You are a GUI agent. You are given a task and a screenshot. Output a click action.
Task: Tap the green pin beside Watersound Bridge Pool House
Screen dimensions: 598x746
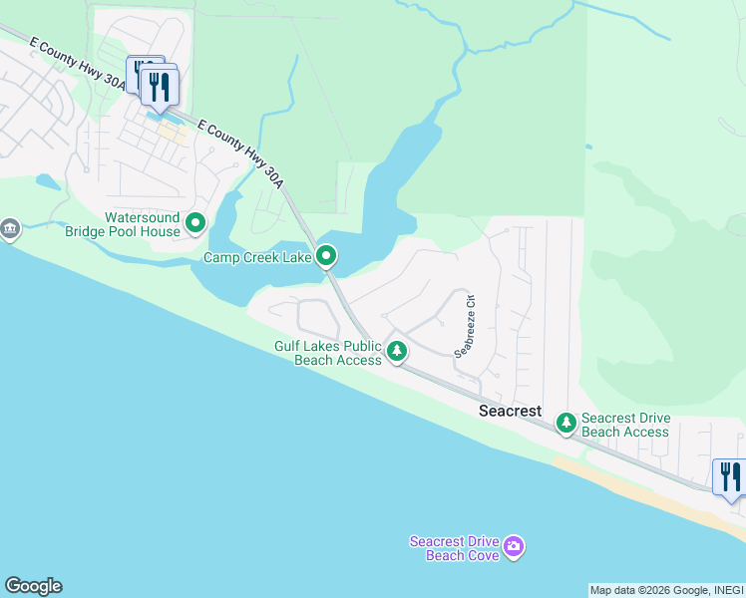pos(195,223)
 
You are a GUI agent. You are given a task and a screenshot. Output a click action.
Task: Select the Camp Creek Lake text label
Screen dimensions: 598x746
pos(257,258)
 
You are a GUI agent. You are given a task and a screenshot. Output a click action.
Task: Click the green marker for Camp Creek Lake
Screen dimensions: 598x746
pos(326,258)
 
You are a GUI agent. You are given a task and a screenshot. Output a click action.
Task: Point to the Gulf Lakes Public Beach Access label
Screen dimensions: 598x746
pos(328,353)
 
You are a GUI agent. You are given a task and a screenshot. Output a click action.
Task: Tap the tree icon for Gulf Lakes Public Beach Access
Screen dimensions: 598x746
pos(397,351)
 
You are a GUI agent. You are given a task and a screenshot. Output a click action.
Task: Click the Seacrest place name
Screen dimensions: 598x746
pos(510,411)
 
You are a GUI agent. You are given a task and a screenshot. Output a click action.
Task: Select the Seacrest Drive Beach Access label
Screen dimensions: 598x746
pos(625,425)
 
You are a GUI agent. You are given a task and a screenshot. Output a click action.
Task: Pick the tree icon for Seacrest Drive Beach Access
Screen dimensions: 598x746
pos(566,424)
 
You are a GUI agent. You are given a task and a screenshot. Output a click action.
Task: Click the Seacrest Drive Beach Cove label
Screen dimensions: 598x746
pos(454,548)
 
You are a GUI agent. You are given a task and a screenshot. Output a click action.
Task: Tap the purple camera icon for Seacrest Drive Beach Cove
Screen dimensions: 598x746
pos(514,546)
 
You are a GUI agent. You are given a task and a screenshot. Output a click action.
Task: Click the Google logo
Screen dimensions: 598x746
pos(33,586)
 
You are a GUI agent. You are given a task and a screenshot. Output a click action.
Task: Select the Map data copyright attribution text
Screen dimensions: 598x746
pos(664,590)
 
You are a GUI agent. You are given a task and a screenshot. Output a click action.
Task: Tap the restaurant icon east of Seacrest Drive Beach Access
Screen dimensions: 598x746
pos(729,477)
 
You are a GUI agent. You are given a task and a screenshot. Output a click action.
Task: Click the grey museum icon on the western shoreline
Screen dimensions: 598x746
pos(10,229)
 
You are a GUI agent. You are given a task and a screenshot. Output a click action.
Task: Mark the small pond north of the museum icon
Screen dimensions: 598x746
pos(47,182)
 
